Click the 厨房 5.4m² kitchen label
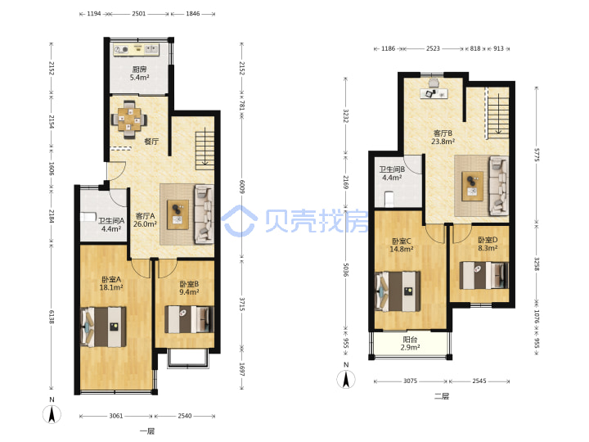click(x=139, y=74)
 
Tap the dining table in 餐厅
click(x=129, y=120)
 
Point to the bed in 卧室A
click(x=104, y=327)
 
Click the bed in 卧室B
click(x=189, y=319)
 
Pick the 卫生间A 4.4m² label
click(x=111, y=224)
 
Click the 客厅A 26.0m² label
click(x=145, y=220)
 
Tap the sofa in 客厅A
click(x=204, y=214)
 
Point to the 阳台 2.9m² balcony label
click(x=410, y=344)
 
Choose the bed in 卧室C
click(x=398, y=291)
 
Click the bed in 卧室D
click(x=484, y=275)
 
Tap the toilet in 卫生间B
click(x=389, y=199)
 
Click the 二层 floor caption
click(x=442, y=396)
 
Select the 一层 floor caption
click(x=147, y=431)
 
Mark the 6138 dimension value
click(x=52, y=317)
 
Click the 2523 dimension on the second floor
click(x=433, y=48)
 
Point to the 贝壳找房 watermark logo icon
click(x=239, y=221)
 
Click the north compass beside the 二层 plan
click(x=346, y=379)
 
